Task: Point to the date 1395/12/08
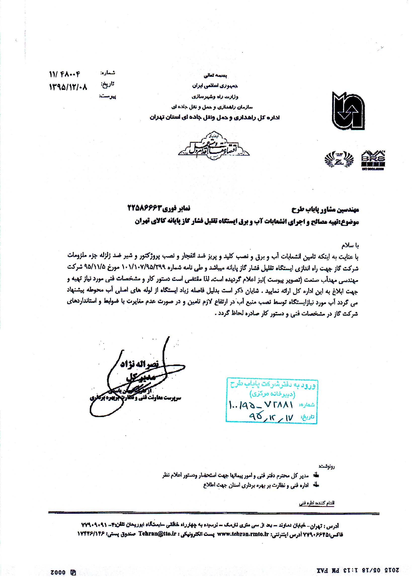click(68, 87)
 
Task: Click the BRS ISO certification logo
click(373, 160)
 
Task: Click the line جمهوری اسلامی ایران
click(215, 86)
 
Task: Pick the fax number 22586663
click(144, 208)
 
